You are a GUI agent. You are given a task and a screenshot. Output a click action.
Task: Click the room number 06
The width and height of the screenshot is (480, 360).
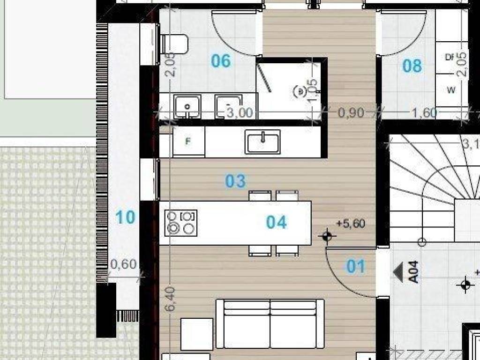pos(221,61)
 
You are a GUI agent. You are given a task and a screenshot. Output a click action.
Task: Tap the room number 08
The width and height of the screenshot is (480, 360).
pos(412,66)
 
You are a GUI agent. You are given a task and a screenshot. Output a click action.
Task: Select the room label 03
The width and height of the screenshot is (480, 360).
pos(235,181)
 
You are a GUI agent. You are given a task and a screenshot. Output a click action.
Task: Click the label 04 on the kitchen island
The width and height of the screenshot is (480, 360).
pos(276,222)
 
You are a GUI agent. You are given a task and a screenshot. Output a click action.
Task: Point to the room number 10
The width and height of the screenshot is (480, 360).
pos(125,217)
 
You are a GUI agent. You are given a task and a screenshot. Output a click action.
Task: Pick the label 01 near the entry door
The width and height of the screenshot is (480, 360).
pos(356,267)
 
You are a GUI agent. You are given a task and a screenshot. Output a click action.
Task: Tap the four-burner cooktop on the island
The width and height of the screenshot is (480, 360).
pos(181,222)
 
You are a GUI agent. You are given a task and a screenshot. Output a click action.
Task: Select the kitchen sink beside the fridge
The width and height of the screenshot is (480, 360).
pos(262,142)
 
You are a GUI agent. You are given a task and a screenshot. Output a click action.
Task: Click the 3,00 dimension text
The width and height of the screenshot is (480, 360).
pos(240,113)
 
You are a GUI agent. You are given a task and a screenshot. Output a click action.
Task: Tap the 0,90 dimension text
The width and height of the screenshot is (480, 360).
pos(351,112)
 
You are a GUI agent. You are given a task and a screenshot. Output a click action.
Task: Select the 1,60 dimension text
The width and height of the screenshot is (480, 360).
pos(424,112)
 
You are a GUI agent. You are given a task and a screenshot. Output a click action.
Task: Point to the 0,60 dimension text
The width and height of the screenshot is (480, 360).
pos(123,264)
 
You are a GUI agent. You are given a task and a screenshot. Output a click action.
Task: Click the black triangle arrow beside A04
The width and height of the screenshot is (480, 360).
pos(399,272)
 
